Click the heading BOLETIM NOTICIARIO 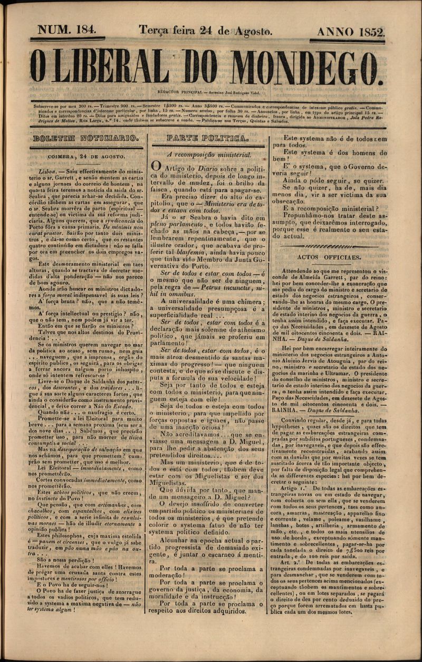[85, 139]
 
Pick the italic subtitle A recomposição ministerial [209, 155]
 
